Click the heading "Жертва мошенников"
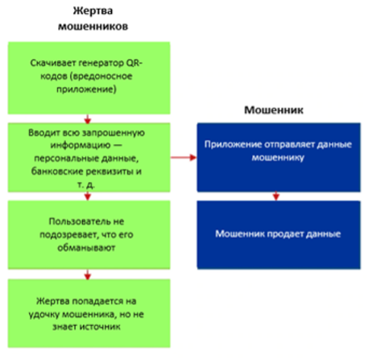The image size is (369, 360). coord(93,19)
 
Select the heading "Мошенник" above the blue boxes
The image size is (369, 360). coord(274,110)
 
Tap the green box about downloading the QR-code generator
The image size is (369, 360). coord(89,78)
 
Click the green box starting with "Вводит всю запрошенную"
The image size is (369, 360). coord(89,157)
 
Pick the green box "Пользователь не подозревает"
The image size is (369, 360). coord(89,234)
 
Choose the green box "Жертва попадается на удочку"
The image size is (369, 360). coord(89,313)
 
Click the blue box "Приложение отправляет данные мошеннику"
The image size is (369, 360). coord(279,157)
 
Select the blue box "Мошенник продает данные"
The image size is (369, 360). coord(279,234)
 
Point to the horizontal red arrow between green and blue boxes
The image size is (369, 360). coord(184,157)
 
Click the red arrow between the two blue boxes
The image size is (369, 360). coord(276,197)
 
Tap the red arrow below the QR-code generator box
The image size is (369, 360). coord(87,119)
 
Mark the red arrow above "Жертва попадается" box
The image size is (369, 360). coord(87,275)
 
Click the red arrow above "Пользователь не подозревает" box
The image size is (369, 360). coord(87,197)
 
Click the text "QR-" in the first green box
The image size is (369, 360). coord(134,63)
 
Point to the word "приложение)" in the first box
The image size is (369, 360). coord(86,89)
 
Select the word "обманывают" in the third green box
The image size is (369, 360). coord(86,247)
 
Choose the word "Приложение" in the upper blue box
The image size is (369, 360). coord(233,145)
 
